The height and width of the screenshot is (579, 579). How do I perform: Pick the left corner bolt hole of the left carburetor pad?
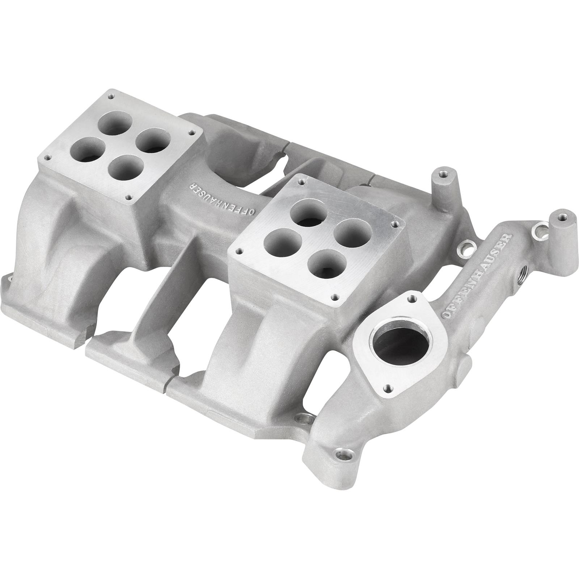46,158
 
